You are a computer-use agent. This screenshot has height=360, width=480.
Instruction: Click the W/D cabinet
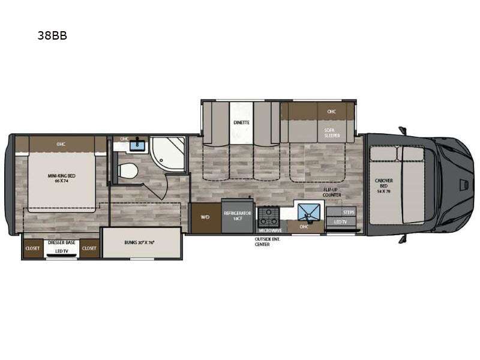tap(204, 217)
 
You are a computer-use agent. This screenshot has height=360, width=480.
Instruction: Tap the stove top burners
tap(268, 215)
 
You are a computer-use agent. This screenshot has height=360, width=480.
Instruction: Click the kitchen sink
tap(310, 212)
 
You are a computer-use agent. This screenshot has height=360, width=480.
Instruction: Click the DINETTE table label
tap(241, 122)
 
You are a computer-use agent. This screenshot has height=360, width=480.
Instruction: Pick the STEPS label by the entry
tap(348, 212)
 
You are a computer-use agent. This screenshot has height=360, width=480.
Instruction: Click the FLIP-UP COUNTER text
tap(332, 193)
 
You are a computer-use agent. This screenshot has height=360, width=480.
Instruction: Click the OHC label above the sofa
tap(332, 111)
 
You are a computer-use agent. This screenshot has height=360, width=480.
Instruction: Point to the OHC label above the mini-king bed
tap(61, 144)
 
